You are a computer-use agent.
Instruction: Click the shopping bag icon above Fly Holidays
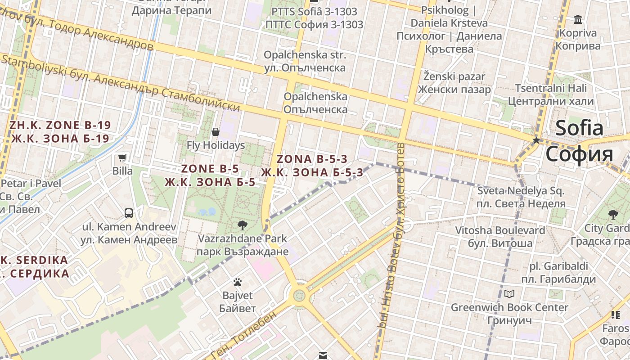click(x=216, y=132)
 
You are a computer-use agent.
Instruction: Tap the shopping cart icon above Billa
click(x=122, y=157)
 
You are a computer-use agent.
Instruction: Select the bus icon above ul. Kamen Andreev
click(x=129, y=213)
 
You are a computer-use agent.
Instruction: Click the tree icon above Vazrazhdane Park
click(x=242, y=225)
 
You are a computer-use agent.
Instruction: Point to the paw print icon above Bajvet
click(x=238, y=282)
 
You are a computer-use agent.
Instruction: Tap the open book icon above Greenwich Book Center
click(x=509, y=294)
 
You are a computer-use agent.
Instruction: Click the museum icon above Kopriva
click(x=578, y=19)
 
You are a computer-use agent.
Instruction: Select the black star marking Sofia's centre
click(x=536, y=140)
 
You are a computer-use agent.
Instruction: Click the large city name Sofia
click(x=579, y=128)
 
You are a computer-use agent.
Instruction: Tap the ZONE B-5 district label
click(x=210, y=169)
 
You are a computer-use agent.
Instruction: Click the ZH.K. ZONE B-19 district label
click(x=60, y=125)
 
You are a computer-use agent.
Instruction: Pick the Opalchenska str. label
click(x=305, y=55)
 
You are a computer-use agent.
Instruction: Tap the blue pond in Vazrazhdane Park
click(x=207, y=211)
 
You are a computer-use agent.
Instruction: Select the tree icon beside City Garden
click(x=613, y=214)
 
